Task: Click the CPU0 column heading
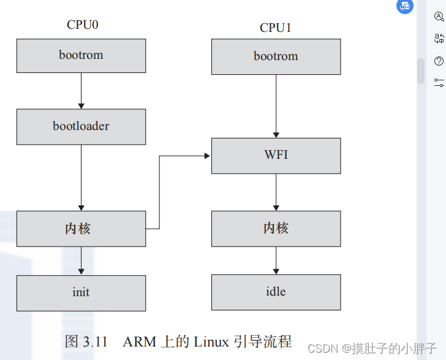83,25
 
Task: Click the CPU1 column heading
276,28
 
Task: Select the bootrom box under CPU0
81,55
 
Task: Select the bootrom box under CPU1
276,56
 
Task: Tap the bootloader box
81,126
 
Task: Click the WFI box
276,155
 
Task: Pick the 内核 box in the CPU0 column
81,229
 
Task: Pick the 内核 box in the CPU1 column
276,228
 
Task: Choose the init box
81,293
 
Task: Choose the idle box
276,291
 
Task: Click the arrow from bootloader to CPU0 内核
81,178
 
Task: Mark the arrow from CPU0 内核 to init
81,261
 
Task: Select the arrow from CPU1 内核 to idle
276,260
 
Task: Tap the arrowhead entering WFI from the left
207,156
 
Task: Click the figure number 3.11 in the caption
95,342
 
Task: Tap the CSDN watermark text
323,349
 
